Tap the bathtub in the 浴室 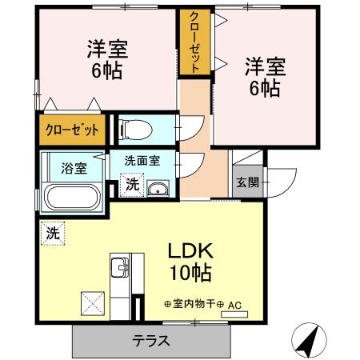71,196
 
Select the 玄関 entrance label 246,182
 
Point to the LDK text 189,250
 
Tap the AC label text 234,305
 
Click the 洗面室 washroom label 141,160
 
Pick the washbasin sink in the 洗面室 158,189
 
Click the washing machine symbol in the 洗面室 132,185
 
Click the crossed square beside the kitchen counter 92,303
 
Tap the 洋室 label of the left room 107,49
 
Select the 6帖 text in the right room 263,89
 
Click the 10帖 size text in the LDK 190,274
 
